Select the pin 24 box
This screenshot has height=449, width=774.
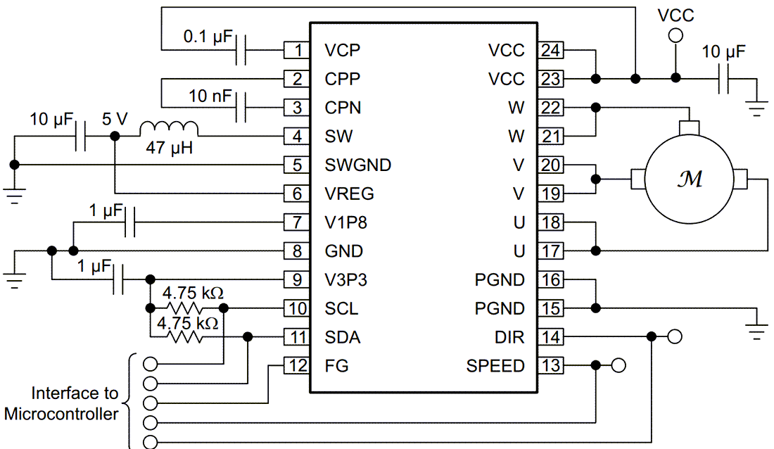(551, 50)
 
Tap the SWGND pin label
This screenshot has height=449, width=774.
(357, 165)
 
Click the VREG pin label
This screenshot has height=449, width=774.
(349, 194)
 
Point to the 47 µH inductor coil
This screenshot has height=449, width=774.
(169, 129)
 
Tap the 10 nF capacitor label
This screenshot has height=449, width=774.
(210, 95)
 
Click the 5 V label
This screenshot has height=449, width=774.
(115, 119)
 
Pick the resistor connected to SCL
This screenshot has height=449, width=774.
(186, 308)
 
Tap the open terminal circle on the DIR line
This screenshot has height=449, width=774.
(674, 337)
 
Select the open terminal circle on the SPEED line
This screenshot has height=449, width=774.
(618, 365)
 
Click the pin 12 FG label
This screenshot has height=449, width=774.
(336, 366)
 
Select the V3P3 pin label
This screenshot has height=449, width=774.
(345, 280)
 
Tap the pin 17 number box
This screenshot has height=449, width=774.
(551, 251)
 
